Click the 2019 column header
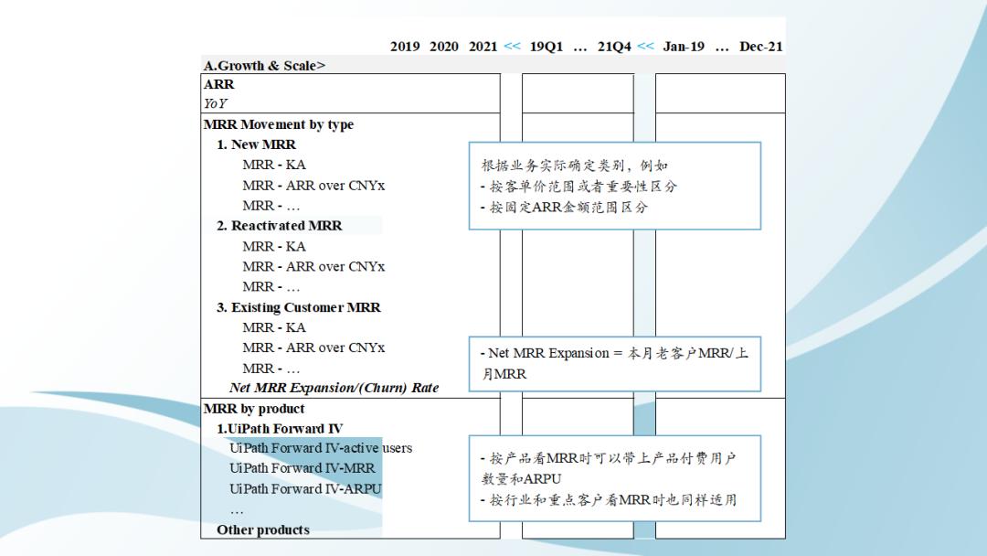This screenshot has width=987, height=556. point(405,47)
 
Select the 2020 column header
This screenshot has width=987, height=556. point(444,47)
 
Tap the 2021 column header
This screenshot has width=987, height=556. point(483,47)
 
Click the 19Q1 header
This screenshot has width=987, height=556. point(547,47)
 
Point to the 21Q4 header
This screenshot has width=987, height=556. point(614,47)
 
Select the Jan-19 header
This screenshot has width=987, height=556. point(684,47)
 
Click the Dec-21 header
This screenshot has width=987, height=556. point(761,47)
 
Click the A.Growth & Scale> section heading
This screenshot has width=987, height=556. point(264,66)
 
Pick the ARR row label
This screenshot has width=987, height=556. point(219,84)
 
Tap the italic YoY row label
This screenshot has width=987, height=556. point(216,104)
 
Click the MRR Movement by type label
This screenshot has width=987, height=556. point(278,124)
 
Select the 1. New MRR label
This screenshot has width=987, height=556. point(256,144)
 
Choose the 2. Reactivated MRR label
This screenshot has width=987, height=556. point(279,226)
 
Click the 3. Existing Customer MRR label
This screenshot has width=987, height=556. point(298,307)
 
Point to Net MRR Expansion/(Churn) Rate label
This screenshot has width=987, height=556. point(334,388)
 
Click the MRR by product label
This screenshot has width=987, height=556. point(254,409)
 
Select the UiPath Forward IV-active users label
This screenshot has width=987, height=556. point(321,448)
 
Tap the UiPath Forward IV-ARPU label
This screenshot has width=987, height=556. point(305,488)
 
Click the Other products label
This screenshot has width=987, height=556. point(263,529)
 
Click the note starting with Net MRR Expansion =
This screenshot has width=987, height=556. point(614,363)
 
